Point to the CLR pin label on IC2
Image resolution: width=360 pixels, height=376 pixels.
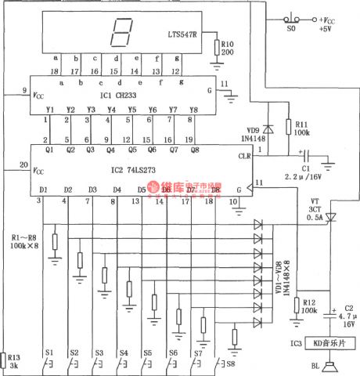245,156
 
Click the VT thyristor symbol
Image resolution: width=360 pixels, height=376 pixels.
329,216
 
